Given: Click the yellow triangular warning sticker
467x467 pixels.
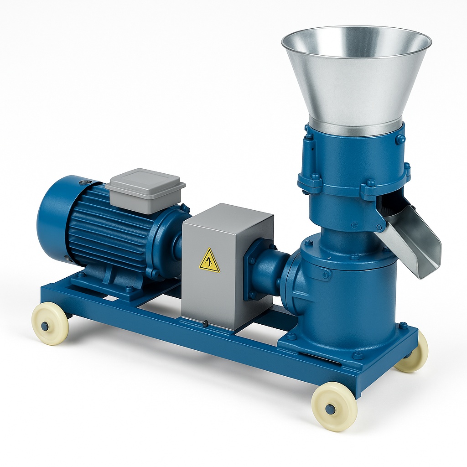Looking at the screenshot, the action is coord(209,261).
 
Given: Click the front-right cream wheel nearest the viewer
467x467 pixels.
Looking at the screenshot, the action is coord(334,405).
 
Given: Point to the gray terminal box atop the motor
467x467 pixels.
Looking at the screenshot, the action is coord(145,190).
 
